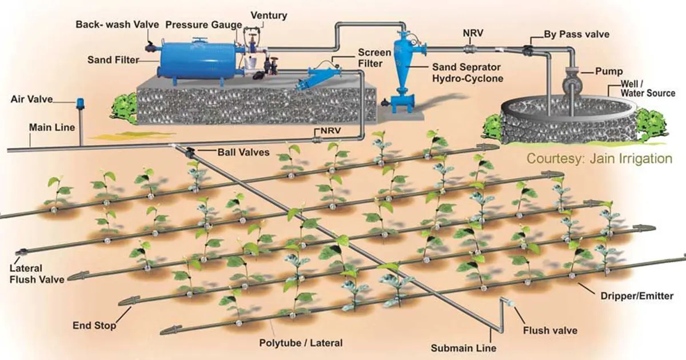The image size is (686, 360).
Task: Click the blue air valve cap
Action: [x=80, y=103]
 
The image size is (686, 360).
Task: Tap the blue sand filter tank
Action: [x=198, y=61]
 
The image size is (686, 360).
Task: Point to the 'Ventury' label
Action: [x=269, y=15]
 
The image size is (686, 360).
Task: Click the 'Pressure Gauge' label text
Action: [x=204, y=25]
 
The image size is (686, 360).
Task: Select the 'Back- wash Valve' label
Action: [x=117, y=25]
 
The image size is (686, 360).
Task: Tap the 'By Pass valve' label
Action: [x=577, y=34]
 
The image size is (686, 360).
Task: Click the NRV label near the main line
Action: [x=331, y=131]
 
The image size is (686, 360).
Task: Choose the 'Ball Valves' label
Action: [x=244, y=153]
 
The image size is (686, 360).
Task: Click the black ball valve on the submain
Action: [x=190, y=152]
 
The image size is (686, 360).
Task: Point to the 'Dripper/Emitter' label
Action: [x=637, y=296]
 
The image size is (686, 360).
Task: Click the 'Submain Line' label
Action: [x=464, y=348]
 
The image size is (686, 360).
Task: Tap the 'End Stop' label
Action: [x=94, y=325]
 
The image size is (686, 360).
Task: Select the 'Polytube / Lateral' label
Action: [x=301, y=343]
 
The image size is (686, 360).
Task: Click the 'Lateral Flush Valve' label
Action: [x=37, y=274]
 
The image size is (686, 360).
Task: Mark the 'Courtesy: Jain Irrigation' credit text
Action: [x=599, y=159]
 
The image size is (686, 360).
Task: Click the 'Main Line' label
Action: [x=52, y=127]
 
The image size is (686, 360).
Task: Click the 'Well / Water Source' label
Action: [x=648, y=89]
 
